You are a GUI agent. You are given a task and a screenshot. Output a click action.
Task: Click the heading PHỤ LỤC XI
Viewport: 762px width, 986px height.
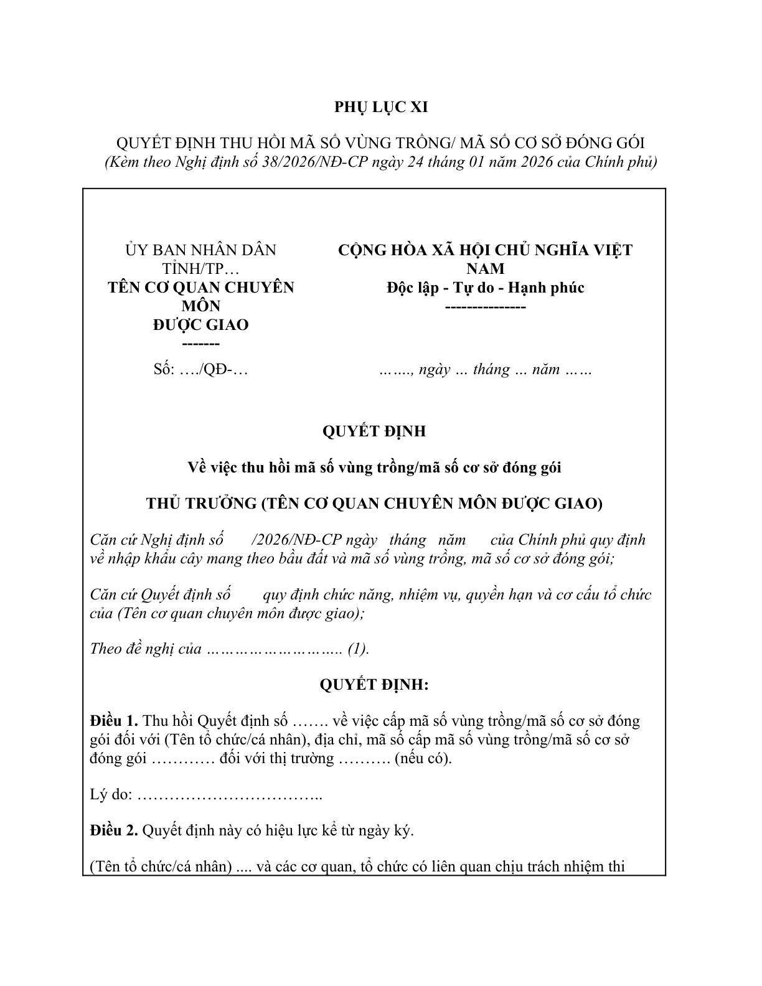(x=381, y=107)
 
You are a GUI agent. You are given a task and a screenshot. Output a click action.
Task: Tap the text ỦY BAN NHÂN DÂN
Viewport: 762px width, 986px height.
(x=200, y=250)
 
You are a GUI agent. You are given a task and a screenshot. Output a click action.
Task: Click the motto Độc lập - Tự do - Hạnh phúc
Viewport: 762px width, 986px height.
(x=485, y=288)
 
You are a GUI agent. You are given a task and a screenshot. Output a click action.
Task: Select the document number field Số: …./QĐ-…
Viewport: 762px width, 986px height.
(x=200, y=369)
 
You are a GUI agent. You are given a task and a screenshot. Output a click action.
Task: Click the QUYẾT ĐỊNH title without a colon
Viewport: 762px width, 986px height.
(x=374, y=431)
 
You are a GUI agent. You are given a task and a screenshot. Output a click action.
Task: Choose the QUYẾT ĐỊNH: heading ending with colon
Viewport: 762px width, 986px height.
(x=374, y=685)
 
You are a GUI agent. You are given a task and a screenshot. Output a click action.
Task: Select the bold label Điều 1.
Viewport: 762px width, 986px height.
(x=113, y=721)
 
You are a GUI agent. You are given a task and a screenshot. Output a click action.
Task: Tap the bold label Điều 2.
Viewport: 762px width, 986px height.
(x=113, y=830)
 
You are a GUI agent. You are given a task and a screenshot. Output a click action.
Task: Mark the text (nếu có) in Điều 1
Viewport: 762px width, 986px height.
(x=423, y=759)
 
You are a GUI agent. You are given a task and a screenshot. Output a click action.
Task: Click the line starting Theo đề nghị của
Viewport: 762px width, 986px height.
(x=146, y=649)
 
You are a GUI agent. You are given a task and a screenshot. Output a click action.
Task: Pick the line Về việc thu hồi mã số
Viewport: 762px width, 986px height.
(x=374, y=467)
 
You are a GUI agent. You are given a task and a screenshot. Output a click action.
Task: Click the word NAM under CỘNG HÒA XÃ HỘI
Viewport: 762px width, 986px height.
(x=485, y=269)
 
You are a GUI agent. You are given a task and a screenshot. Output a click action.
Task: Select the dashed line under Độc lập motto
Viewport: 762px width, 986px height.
(x=485, y=307)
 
